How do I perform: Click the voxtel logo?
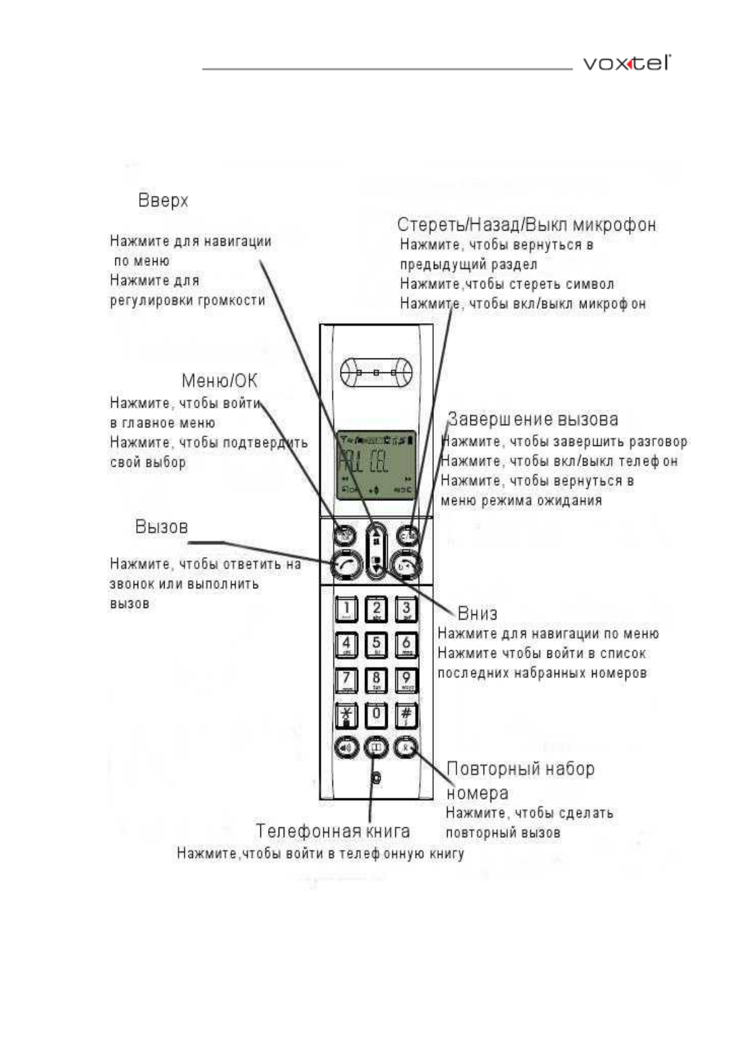click(x=626, y=64)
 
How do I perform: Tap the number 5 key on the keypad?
click(x=376, y=644)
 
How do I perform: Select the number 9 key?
click(x=406, y=680)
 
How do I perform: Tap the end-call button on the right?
click(x=406, y=564)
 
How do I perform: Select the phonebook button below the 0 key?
click(x=376, y=747)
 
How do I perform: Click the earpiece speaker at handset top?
click(x=376, y=373)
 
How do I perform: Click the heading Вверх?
click(x=163, y=201)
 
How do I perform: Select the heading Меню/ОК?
click(x=219, y=381)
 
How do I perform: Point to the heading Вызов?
click(x=161, y=527)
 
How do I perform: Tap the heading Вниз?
click(x=477, y=614)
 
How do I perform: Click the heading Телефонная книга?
click(x=332, y=832)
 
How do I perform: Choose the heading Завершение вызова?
click(x=533, y=420)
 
